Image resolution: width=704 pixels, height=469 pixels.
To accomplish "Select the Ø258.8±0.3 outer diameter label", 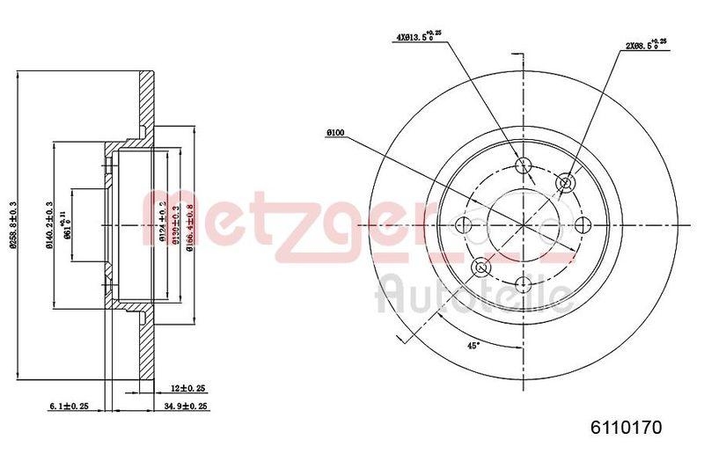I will click(12, 225).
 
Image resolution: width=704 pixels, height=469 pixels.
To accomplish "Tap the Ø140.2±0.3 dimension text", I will click(50, 225).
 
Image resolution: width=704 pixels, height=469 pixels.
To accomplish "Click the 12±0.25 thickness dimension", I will click(188, 388).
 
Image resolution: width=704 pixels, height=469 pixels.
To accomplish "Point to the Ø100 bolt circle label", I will click(334, 133).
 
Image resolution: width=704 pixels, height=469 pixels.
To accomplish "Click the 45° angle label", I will click(473, 346).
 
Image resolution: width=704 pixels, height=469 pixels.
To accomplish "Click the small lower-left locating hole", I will click(481, 267).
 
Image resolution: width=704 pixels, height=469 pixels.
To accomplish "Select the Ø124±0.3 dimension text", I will click(162, 225).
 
